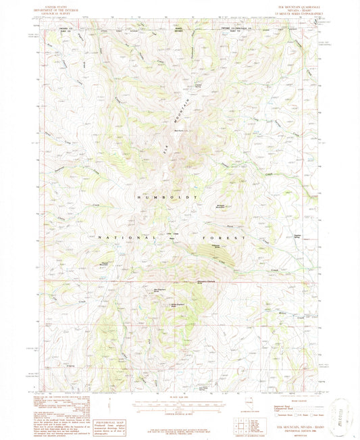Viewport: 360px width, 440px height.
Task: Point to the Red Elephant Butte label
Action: pos(161,289)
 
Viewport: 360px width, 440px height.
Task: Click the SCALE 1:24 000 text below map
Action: pos(180,395)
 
